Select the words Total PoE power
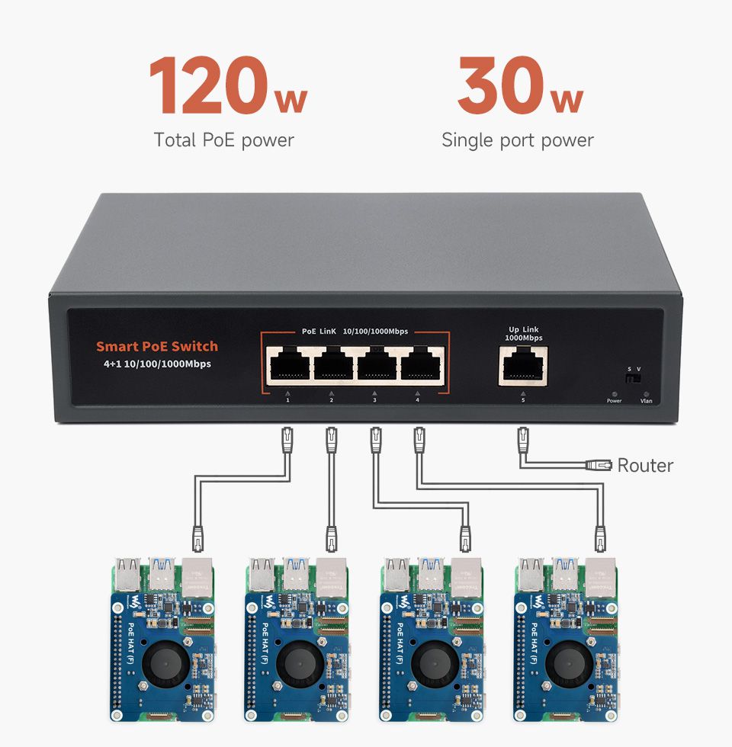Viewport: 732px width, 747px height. (x=223, y=140)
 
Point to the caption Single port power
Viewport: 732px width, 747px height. (x=517, y=140)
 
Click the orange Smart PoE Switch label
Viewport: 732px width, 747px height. (x=156, y=346)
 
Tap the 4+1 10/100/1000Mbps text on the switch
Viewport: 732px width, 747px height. (x=157, y=364)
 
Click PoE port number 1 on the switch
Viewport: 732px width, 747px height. (x=289, y=366)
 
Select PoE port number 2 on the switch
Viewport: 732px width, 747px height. (x=332, y=366)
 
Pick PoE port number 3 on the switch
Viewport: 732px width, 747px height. (x=376, y=366)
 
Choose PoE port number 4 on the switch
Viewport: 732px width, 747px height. (x=419, y=366)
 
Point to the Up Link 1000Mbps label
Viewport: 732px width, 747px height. (x=524, y=333)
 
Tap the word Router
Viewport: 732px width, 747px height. (x=645, y=465)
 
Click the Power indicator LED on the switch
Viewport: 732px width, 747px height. (x=615, y=393)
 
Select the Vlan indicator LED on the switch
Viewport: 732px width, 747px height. (x=647, y=393)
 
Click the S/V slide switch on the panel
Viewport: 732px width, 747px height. (x=633, y=379)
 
